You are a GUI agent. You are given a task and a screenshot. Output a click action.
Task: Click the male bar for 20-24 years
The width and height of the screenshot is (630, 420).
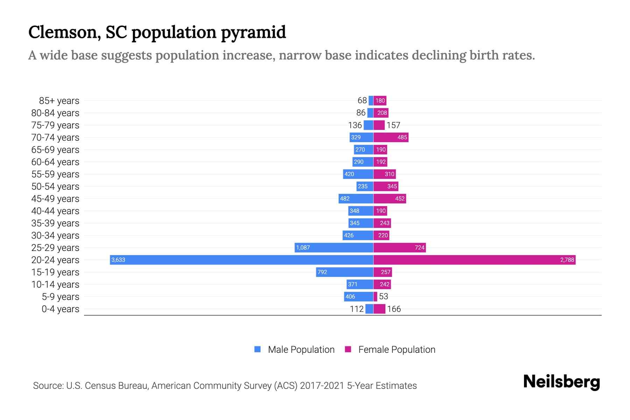[x=241, y=260]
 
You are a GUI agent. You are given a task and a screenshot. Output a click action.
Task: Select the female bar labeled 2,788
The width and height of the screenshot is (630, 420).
[x=474, y=260]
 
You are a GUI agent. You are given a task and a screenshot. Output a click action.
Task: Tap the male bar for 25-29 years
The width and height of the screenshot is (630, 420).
[x=334, y=247]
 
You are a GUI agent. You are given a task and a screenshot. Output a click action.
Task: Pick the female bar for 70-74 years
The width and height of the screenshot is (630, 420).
[x=391, y=137]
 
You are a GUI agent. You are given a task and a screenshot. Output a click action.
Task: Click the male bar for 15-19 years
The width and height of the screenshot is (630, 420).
[x=344, y=272]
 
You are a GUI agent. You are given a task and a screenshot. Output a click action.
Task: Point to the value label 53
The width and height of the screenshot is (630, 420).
[x=384, y=296]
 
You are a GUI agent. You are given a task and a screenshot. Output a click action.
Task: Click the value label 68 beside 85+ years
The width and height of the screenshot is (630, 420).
[x=362, y=100]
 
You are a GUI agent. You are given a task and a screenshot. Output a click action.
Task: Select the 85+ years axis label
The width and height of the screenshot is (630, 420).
[x=59, y=101]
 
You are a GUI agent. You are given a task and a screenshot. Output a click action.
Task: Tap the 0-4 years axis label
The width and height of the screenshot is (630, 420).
[x=60, y=309]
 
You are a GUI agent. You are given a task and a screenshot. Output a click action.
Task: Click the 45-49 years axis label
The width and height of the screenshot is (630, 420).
[x=55, y=199]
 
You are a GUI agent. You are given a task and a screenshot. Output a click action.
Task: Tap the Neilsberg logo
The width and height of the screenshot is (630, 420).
[x=561, y=381]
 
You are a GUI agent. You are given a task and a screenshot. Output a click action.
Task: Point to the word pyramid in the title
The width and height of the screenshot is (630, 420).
[x=253, y=32]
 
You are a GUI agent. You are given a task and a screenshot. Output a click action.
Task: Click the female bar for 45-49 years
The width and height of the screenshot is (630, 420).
[x=390, y=198]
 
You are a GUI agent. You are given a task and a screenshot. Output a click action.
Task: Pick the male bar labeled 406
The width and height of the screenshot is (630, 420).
[x=358, y=296]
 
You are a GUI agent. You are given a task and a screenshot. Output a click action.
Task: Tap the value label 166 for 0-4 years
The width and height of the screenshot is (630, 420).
[x=394, y=309]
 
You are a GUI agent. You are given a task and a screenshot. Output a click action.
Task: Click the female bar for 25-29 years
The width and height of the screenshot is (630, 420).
[x=399, y=247]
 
